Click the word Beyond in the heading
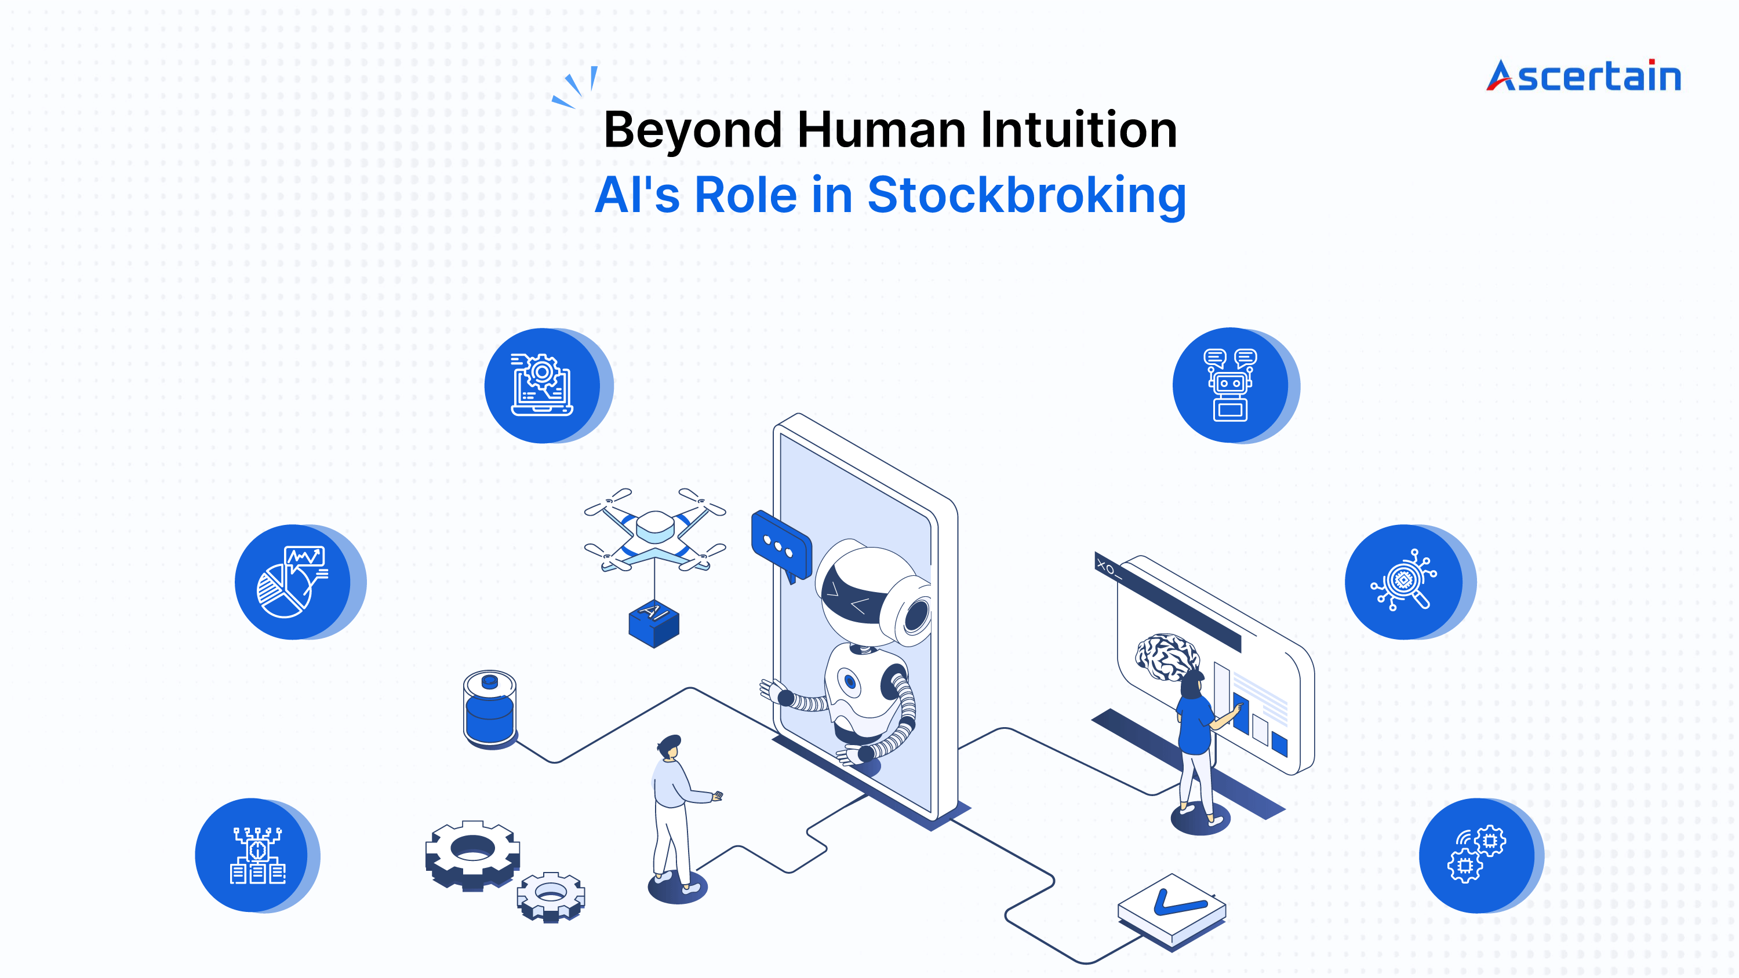click(x=693, y=130)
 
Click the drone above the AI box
click(x=655, y=530)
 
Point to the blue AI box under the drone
click(x=653, y=622)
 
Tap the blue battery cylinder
click(x=490, y=709)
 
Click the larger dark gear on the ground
click(x=472, y=855)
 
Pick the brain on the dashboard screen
click(x=1166, y=656)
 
